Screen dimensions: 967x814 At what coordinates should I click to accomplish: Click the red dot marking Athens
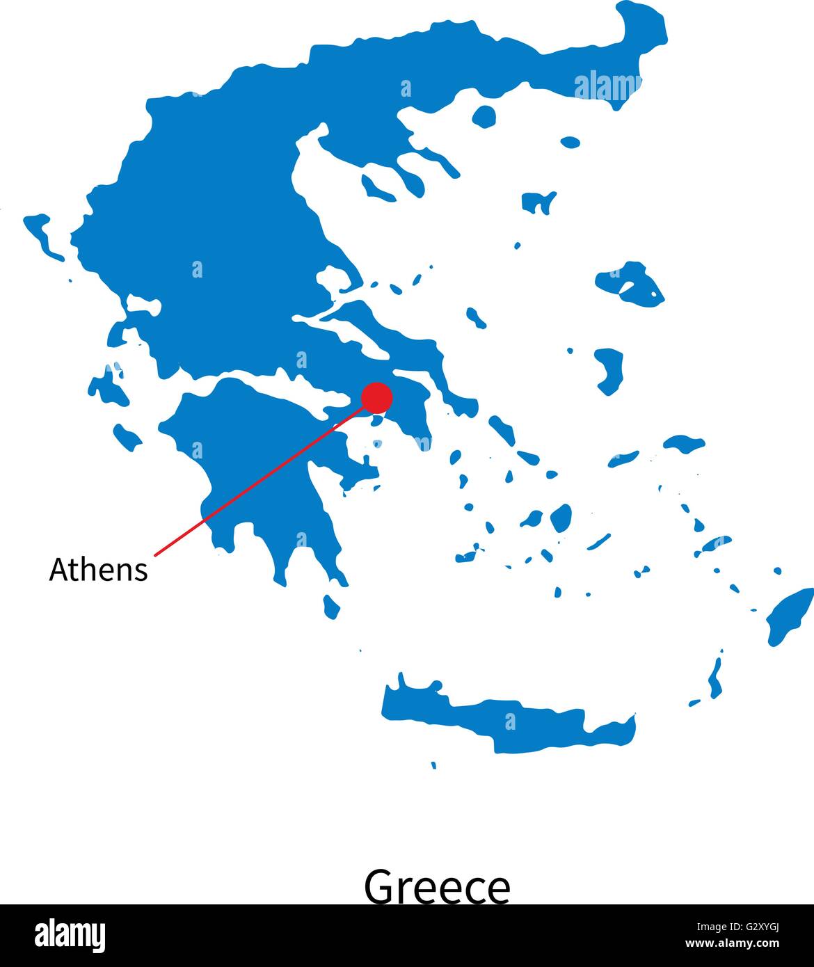(x=377, y=397)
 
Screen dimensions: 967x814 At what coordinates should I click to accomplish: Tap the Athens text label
(x=98, y=570)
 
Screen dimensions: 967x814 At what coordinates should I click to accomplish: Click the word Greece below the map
(x=437, y=887)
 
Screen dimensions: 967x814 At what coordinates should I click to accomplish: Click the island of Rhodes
(x=790, y=616)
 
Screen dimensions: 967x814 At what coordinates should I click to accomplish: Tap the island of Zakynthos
(x=127, y=436)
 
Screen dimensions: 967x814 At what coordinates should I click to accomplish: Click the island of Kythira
(x=332, y=606)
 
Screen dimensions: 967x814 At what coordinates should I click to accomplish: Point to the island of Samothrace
(x=570, y=142)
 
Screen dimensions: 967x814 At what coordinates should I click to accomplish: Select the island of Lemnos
(x=538, y=202)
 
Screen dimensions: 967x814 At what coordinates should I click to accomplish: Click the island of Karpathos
(x=715, y=678)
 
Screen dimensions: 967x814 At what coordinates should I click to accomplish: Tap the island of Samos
(x=684, y=443)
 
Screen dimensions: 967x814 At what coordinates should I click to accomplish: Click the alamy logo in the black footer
(x=70, y=936)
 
